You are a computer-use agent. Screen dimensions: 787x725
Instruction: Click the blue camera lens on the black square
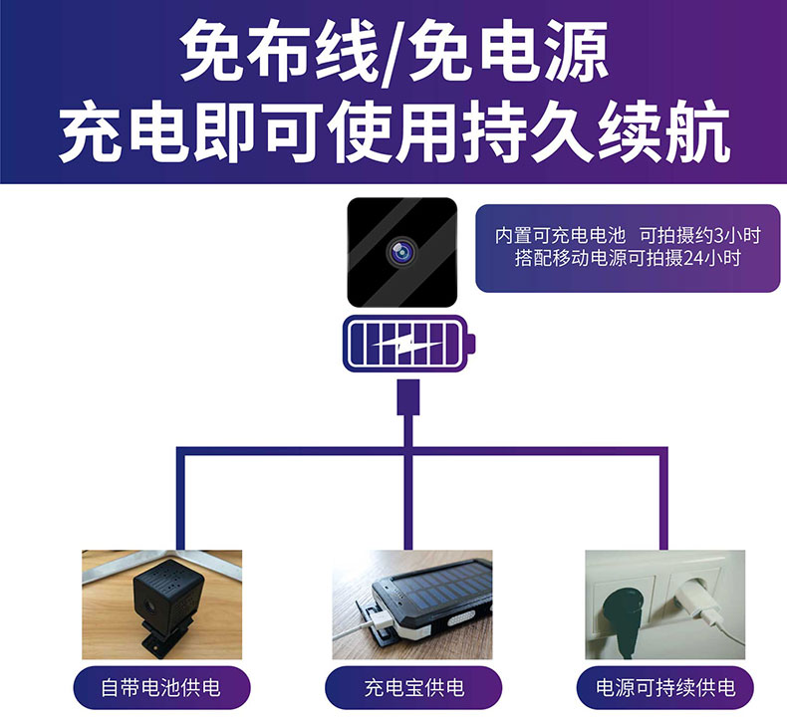coord(401,252)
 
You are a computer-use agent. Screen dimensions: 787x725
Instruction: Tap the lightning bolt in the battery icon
coord(407,345)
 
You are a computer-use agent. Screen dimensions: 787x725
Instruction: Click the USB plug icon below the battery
coord(408,397)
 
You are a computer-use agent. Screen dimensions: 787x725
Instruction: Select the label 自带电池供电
coord(160,687)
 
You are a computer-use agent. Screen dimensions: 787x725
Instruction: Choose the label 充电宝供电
coord(413,687)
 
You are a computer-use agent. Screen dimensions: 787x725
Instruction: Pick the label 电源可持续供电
coord(665,687)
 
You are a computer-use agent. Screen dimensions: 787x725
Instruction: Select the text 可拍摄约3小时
coord(700,235)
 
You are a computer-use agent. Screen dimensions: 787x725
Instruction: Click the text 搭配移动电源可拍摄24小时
coord(628,258)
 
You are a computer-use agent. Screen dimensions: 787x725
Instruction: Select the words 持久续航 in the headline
coord(596,131)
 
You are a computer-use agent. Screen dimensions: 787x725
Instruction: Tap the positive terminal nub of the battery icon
coord(470,345)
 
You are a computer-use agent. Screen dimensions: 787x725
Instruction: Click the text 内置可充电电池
coord(560,235)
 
